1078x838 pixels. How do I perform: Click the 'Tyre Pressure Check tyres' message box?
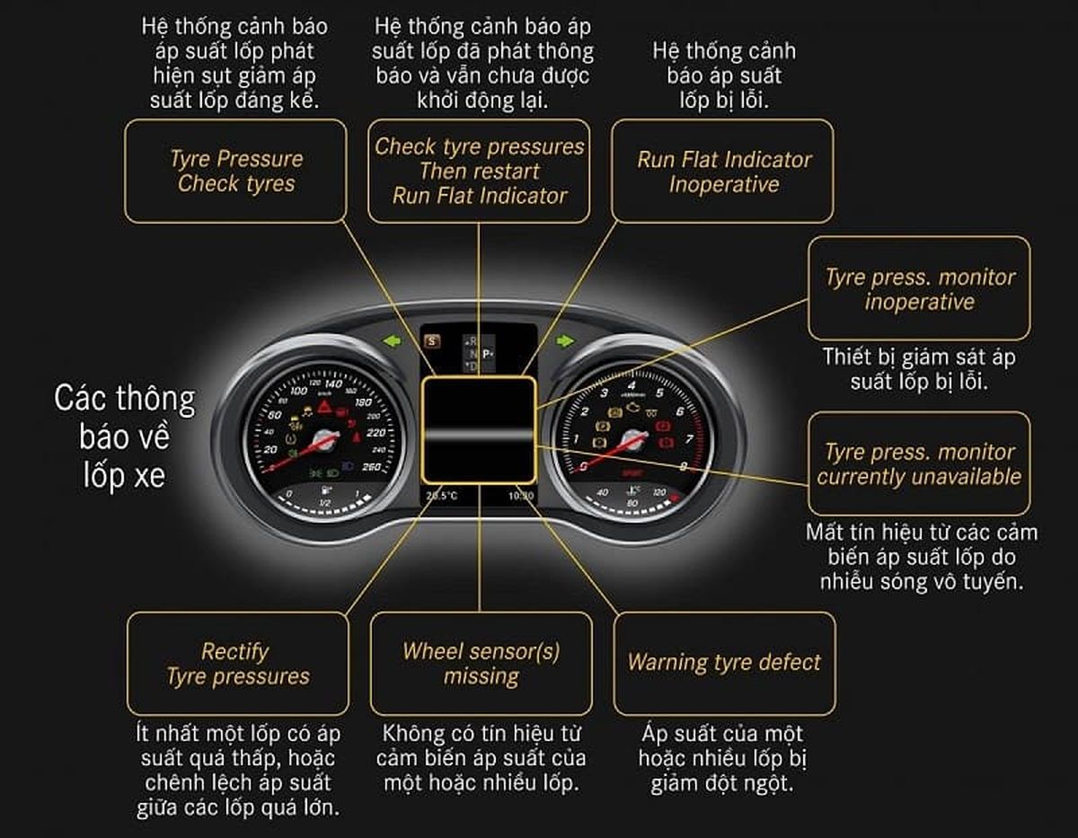click(x=235, y=172)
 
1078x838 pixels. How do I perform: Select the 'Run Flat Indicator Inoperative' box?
click(x=722, y=172)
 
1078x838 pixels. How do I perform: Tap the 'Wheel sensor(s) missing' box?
click(x=481, y=664)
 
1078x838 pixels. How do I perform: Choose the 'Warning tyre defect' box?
click(x=723, y=664)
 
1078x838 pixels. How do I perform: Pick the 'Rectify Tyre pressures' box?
click(x=237, y=664)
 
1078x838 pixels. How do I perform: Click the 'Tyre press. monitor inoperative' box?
click(x=919, y=288)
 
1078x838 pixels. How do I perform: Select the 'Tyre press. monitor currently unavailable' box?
click(x=919, y=463)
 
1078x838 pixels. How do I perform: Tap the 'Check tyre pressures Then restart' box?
click(x=480, y=171)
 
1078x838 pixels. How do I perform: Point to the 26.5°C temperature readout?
click(x=441, y=495)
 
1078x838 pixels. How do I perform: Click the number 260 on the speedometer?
click(x=368, y=466)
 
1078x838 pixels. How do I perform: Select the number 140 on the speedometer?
click(x=332, y=384)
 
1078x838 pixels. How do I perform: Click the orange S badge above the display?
click(x=433, y=340)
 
